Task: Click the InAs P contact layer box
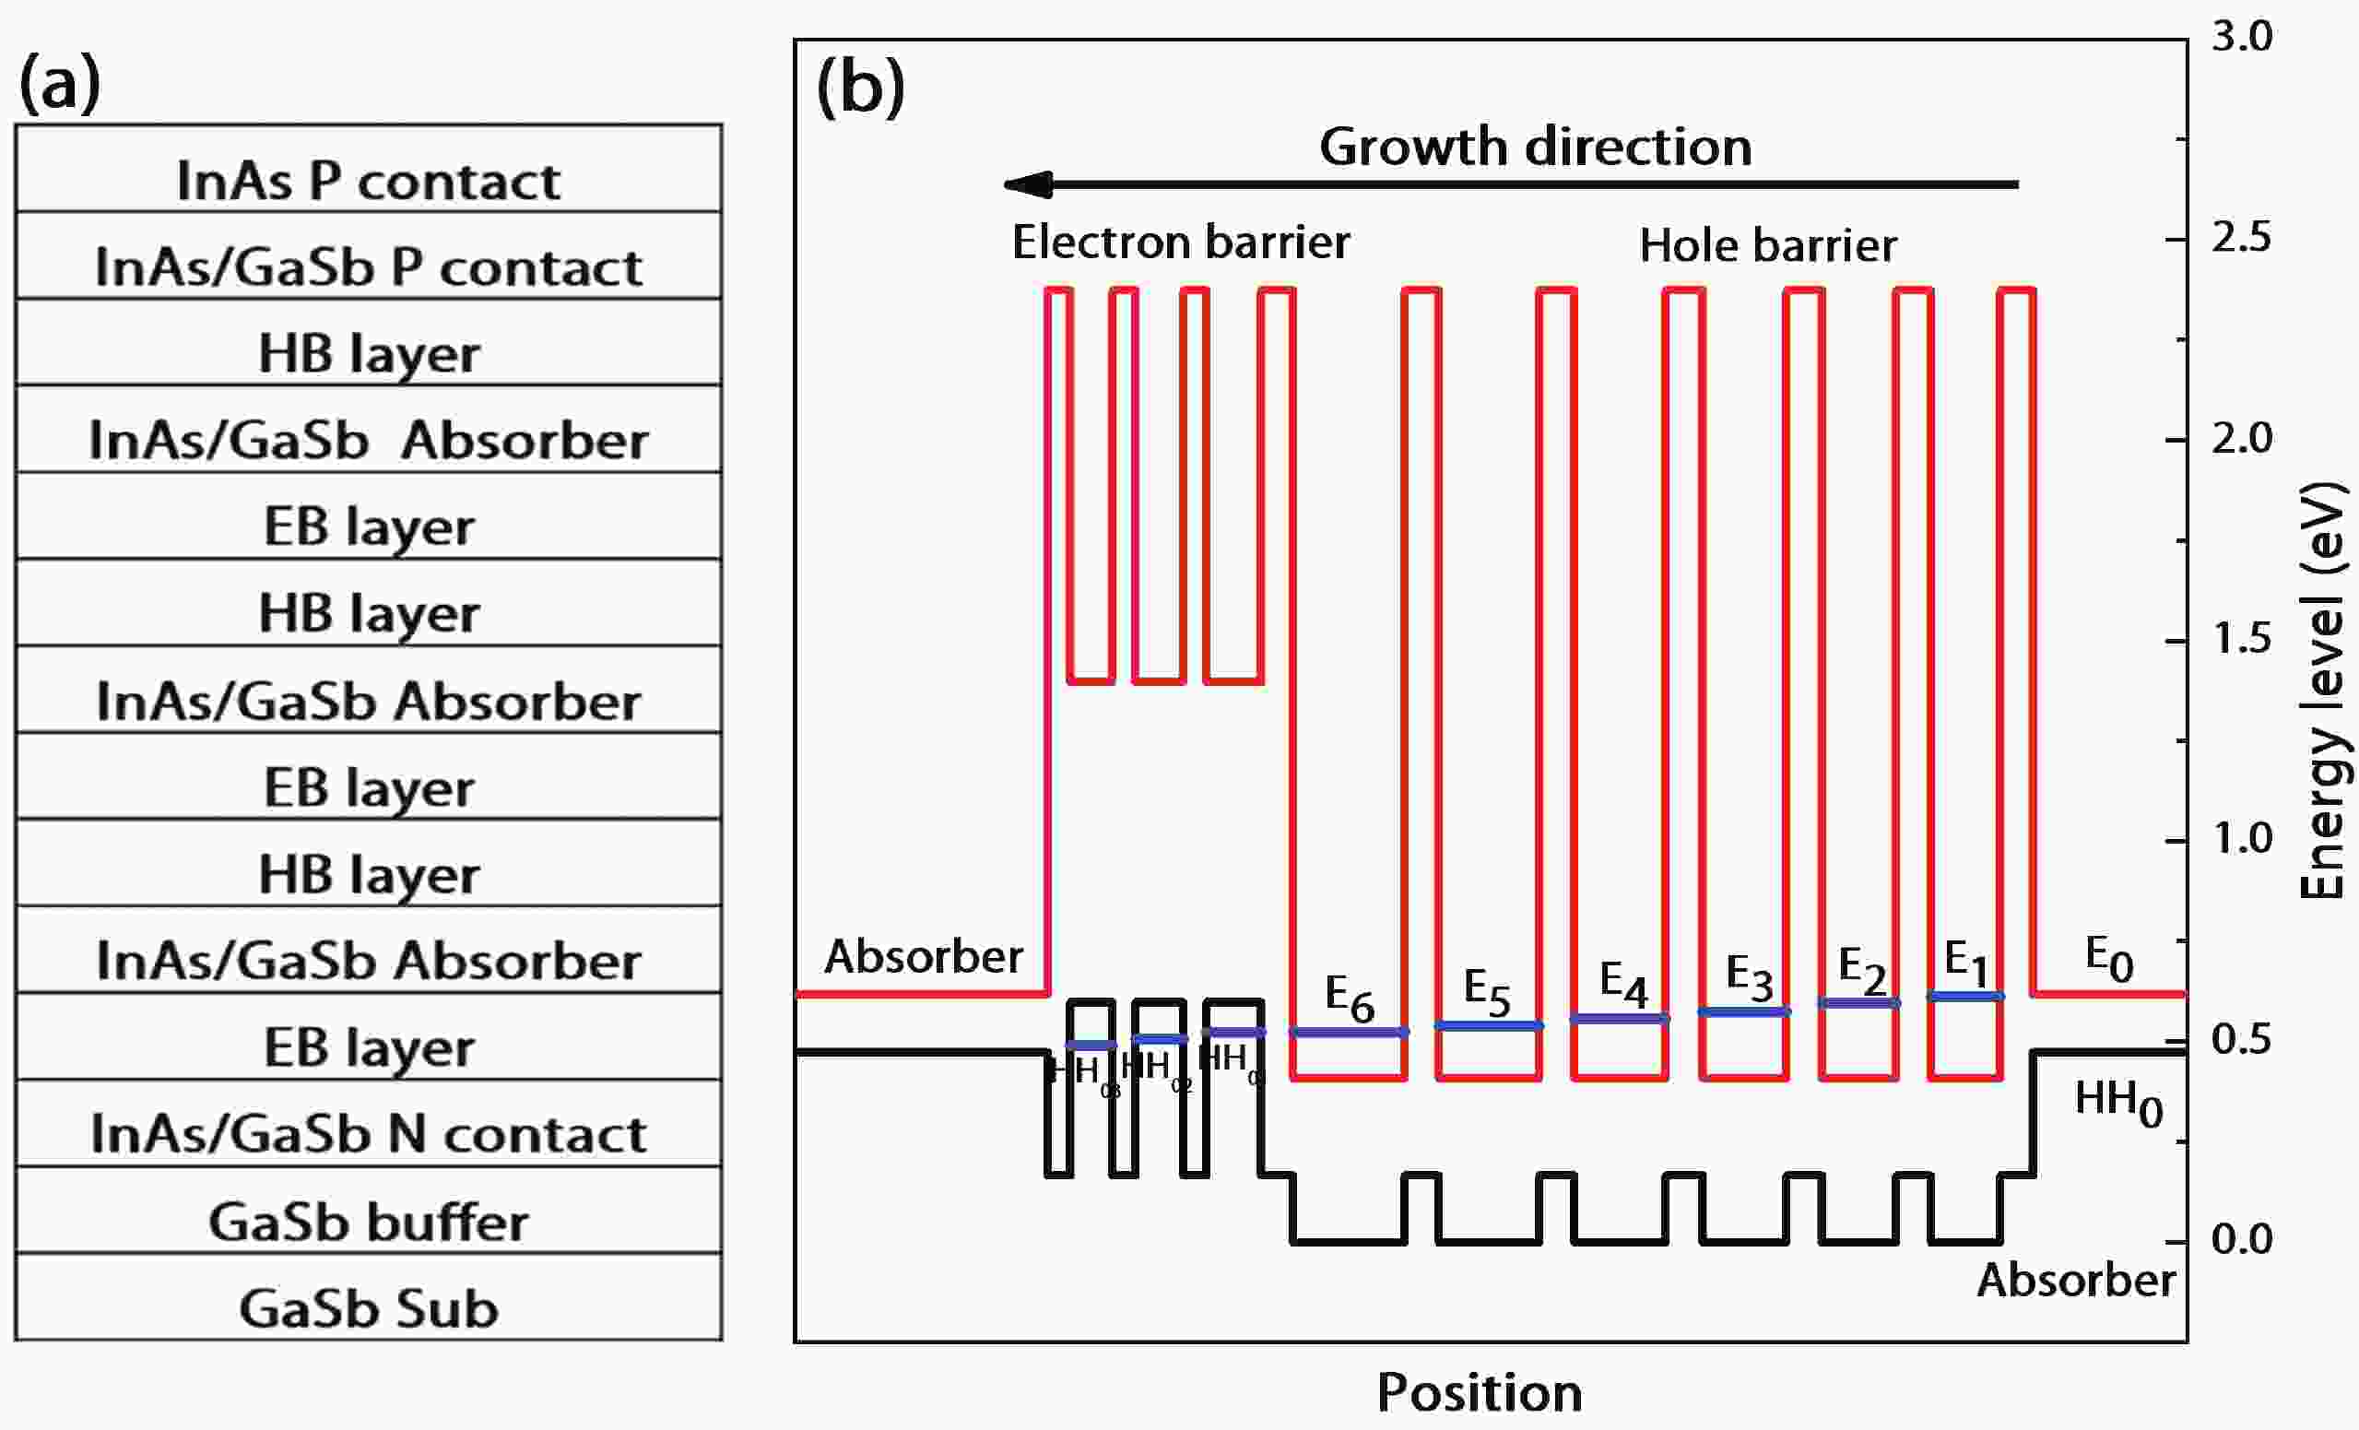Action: point(369,170)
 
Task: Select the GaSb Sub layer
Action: point(369,1298)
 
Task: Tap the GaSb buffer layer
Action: point(369,1211)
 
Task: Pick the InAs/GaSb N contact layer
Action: point(369,1124)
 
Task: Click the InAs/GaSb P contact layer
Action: point(369,256)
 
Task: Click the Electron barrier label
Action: point(1181,242)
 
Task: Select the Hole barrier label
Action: point(1767,245)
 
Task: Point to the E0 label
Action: point(2109,959)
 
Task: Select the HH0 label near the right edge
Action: point(2118,1103)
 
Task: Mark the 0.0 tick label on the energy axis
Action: point(2241,1239)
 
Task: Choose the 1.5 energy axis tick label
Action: point(2241,638)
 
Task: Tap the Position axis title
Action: point(1480,1391)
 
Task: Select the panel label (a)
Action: point(59,82)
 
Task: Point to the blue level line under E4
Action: point(1620,1019)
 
